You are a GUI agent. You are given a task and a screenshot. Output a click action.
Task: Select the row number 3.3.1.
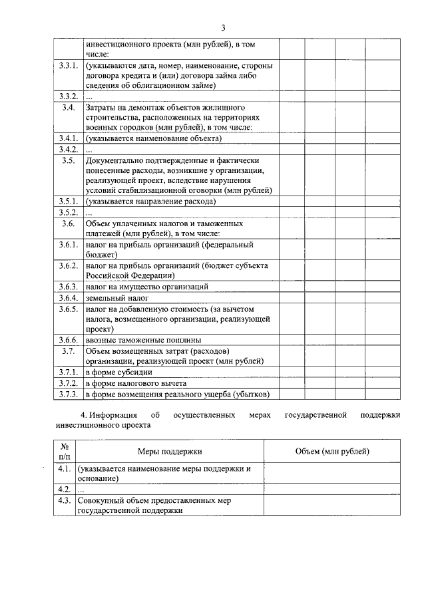[68, 66]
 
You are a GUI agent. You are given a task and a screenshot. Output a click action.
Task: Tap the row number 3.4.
[68, 107]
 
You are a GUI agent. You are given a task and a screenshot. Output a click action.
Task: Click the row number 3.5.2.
[68, 212]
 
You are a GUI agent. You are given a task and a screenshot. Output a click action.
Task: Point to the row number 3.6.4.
[68, 297]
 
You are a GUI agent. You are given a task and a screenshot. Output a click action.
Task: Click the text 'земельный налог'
[112, 297]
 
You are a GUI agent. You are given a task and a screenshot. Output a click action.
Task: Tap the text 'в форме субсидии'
[119, 372]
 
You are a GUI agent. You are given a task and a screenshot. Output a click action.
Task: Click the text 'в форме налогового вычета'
[136, 383]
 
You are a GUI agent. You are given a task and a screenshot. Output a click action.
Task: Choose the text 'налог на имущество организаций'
[147, 287]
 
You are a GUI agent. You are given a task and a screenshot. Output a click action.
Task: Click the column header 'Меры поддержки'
[170, 452]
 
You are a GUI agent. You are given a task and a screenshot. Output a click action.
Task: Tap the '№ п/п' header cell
[65, 452]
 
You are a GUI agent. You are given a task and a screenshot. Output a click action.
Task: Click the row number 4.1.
[65, 468]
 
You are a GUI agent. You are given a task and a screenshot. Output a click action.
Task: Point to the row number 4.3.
[65, 500]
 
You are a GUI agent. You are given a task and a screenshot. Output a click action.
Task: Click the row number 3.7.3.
[68, 394]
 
